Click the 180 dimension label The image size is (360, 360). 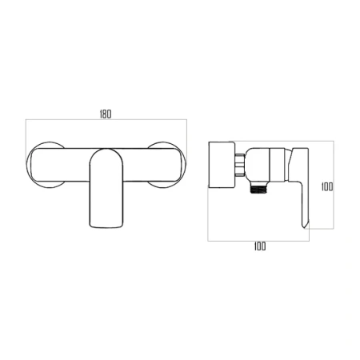pyautogui.click(x=106, y=114)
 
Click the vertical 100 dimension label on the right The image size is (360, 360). pyautogui.click(x=327, y=186)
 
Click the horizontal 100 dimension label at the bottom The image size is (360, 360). pyautogui.click(x=260, y=246)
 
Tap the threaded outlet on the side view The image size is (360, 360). pyautogui.click(x=258, y=189)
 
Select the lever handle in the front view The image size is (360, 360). pyautogui.click(x=106, y=188)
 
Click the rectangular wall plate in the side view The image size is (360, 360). pyautogui.click(x=222, y=165)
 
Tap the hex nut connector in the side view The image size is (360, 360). pyautogui.click(x=240, y=165)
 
